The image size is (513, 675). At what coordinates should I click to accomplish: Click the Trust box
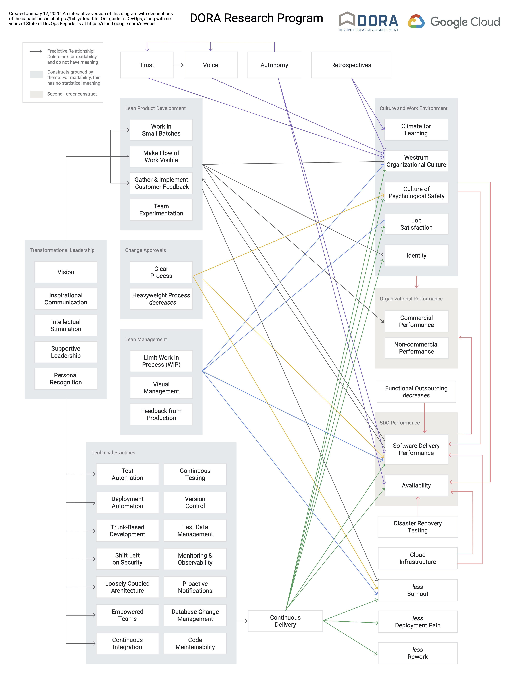pos(147,65)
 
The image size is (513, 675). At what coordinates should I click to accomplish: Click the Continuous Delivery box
pos(285,621)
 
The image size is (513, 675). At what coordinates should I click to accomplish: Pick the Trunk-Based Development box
pos(127,531)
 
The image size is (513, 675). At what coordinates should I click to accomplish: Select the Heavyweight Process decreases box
pos(161,299)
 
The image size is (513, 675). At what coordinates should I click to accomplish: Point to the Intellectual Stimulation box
pos(66,325)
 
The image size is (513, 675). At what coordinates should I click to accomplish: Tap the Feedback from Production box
pos(161,414)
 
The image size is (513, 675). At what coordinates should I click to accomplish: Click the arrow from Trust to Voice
pos(179,65)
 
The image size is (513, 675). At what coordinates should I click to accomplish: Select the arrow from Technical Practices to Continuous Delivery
pos(242,621)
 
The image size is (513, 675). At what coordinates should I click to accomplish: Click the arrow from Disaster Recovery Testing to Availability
pos(418,506)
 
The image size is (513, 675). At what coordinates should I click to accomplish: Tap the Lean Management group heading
pos(146,339)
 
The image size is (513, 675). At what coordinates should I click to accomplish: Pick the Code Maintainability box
pos(195,643)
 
